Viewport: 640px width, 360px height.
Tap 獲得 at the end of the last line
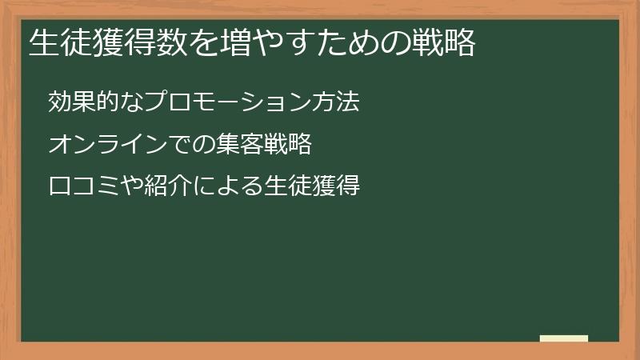[337, 187]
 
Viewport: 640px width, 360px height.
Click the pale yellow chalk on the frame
[564, 338]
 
